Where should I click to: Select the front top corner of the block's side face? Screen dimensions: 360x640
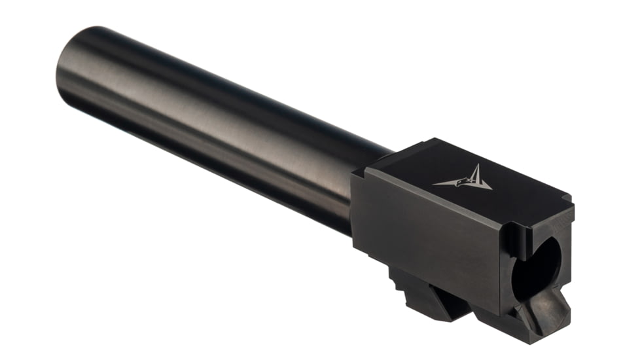[x=356, y=174]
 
